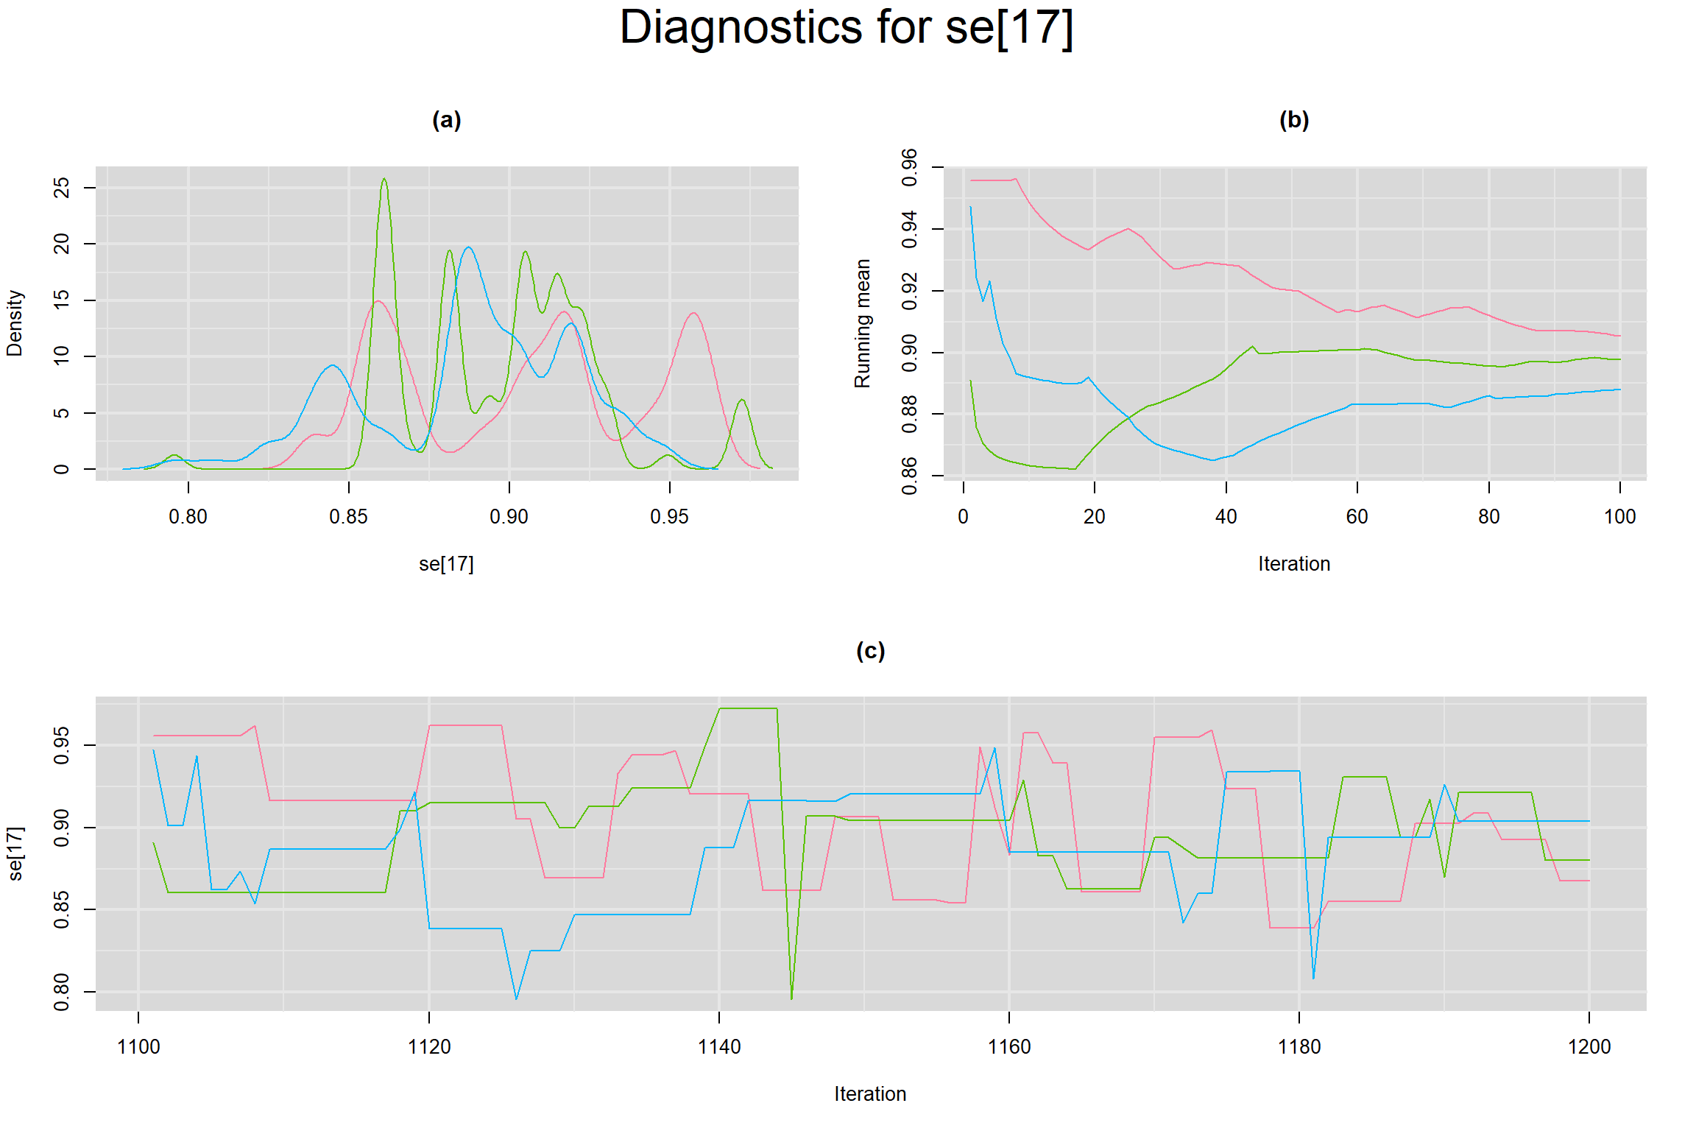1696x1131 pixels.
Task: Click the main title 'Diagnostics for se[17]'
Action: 847,28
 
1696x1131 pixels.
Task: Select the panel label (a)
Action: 446,120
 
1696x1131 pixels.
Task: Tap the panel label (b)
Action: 1294,120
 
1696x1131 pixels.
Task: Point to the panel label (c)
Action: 870,651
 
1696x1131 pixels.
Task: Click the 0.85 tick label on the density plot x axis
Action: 348,517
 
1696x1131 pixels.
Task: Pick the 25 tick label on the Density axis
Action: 62,188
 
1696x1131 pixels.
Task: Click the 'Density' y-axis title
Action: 15,323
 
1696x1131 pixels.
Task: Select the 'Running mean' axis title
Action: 862,323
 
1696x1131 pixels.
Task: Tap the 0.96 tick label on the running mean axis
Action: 910,168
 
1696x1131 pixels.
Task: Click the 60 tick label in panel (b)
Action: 1357,517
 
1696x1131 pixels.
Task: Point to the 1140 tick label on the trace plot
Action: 718,1047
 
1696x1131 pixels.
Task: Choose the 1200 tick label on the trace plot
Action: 1589,1047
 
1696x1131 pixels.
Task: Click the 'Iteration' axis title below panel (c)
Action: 870,1094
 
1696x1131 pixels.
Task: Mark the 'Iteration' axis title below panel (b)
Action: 1294,564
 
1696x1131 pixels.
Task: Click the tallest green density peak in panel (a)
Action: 384,180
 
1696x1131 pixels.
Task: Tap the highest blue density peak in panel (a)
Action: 468,247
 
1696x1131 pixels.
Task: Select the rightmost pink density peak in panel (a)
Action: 693,313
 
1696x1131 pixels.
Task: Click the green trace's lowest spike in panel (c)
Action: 791,998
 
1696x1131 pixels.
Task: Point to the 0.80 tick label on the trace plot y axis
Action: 62,992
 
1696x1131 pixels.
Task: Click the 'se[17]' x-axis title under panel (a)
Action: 446,564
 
